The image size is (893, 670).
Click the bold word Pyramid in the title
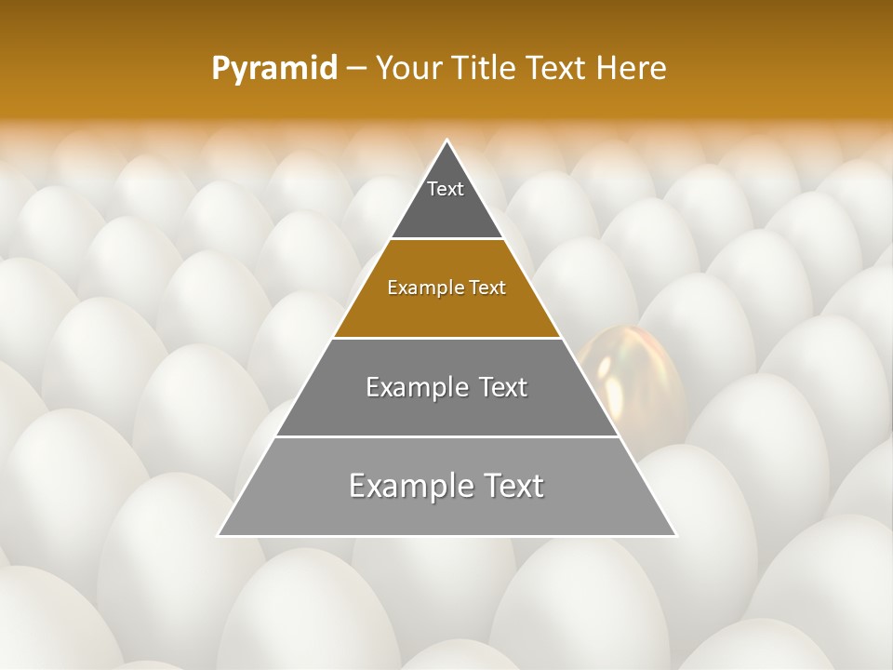pos(274,69)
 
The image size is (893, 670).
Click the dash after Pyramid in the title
pos(356,69)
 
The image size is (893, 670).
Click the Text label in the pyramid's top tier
pos(446,189)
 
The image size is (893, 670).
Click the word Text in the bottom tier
pos(511,486)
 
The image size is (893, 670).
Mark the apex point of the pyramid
pos(447,141)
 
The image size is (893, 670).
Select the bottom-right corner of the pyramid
pos(675,535)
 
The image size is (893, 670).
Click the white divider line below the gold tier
pos(447,338)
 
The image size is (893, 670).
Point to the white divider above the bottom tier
pos(447,436)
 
